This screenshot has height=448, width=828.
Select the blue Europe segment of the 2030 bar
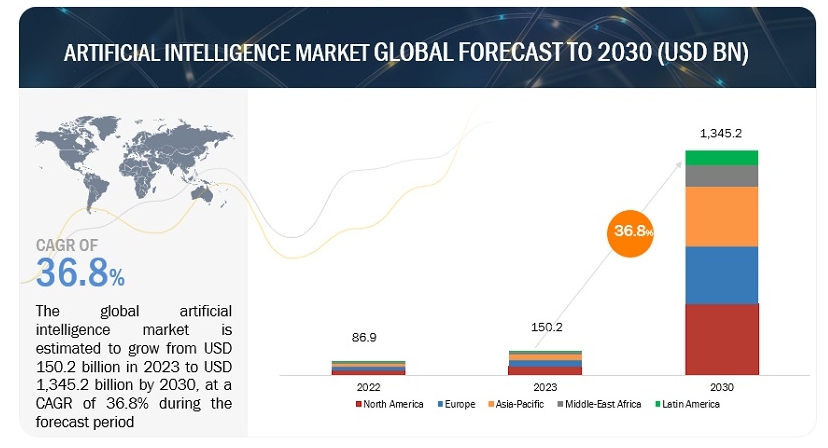coord(721,275)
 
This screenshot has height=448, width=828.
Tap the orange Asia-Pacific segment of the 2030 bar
coord(721,216)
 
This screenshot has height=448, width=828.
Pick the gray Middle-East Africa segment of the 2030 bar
coord(721,176)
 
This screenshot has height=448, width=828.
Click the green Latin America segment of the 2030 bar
coord(721,158)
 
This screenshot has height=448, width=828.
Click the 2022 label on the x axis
coord(368,385)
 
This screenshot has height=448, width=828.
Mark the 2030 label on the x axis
coord(721,385)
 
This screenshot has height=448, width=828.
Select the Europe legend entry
coord(457,404)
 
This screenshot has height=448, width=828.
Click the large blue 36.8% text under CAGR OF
coord(81,271)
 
